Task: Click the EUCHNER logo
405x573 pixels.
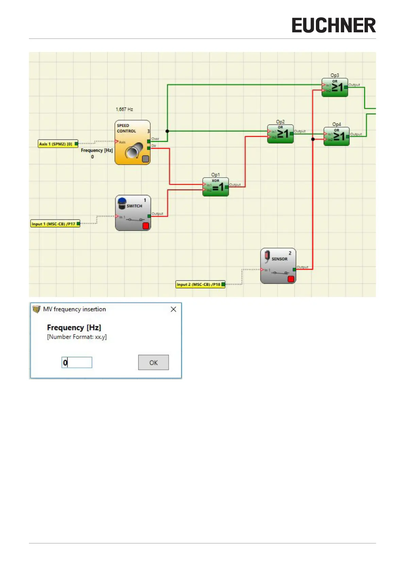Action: [x=334, y=26]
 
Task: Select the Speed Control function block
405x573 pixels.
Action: [x=132, y=143]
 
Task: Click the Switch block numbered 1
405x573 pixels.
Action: [x=133, y=213]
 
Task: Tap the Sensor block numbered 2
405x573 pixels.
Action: [x=278, y=266]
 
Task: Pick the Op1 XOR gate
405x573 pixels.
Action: [x=216, y=187]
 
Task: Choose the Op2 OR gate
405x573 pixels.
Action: [x=280, y=134]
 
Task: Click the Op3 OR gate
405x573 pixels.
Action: [x=335, y=87]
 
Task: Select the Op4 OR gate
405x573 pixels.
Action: [x=336, y=136]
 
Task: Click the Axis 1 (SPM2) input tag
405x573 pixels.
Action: [x=57, y=144]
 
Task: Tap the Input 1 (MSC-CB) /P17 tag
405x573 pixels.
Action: [x=55, y=224]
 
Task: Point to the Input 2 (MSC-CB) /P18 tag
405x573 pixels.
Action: [x=200, y=284]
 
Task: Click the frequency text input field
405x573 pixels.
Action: [x=77, y=363]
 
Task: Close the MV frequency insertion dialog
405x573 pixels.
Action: [x=173, y=309]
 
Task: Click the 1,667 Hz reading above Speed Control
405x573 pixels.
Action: [x=124, y=110]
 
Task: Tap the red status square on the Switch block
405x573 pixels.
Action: [x=146, y=226]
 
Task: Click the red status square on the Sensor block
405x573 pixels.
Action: [x=291, y=279]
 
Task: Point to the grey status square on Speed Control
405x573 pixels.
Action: [x=145, y=159]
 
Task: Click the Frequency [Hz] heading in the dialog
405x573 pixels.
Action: [x=74, y=328]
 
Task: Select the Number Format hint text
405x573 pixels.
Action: [x=77, y=337]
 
